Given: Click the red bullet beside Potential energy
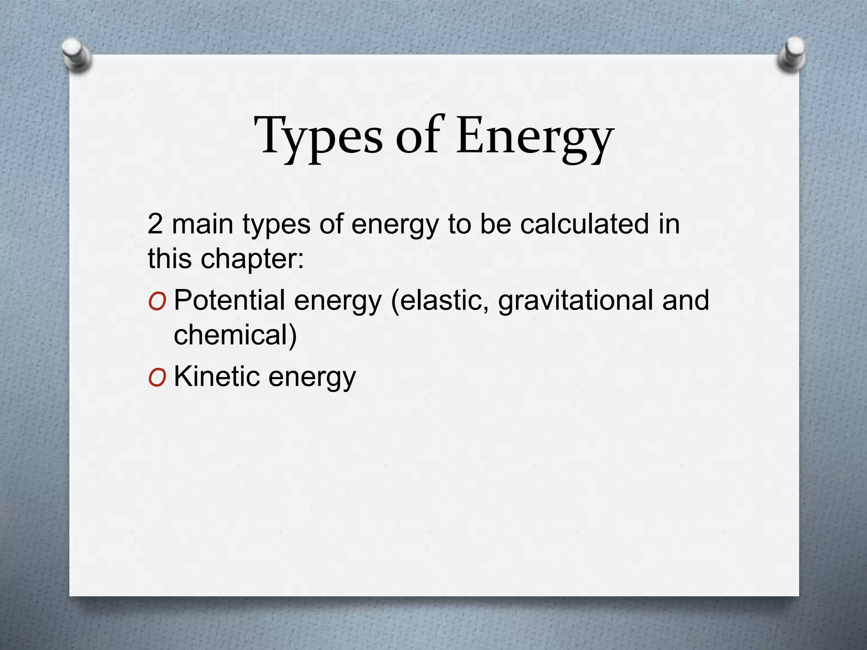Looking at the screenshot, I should coord(157,301).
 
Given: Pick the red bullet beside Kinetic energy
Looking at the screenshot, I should coord(157,377).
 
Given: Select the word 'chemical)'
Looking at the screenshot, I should coord(235,335).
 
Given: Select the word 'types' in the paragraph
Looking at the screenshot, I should coord(276,224).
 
